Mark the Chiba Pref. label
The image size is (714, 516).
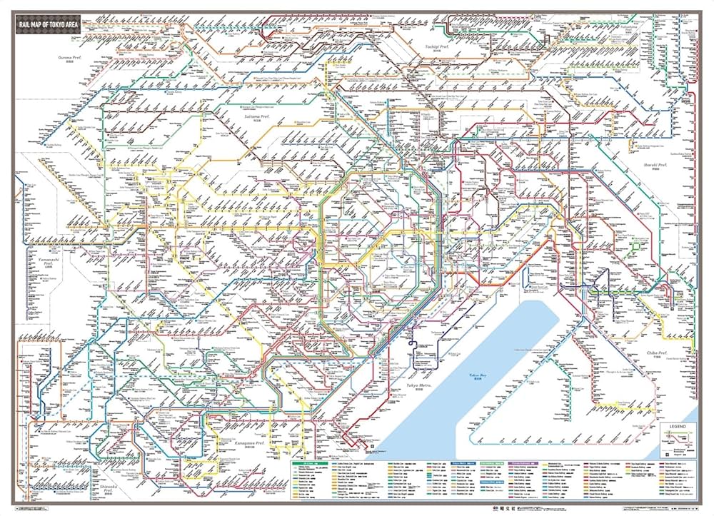(x=656, y=353)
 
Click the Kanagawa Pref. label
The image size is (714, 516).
(x=251, y=442)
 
